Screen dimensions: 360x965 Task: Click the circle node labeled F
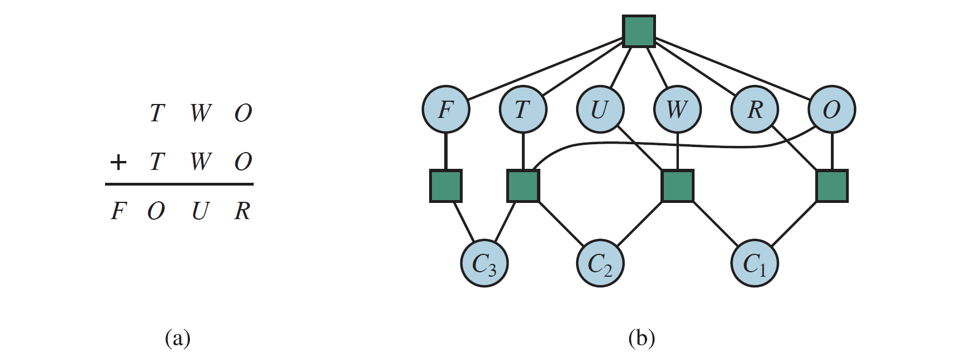445,110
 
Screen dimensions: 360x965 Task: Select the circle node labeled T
523,110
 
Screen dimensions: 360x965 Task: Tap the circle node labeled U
600,110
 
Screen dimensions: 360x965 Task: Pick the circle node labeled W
677,110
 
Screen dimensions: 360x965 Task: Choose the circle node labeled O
832,110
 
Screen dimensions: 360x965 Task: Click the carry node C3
484,263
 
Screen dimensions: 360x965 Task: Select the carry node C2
600,263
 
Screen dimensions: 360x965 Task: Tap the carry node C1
755,263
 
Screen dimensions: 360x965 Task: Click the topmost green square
639,31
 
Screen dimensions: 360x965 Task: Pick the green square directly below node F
445,186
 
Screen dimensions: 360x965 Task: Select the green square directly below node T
523,186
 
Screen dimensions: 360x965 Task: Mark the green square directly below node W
677,186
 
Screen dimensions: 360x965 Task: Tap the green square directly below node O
832,186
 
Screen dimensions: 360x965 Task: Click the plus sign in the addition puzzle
118,163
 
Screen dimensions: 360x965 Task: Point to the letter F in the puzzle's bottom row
117,211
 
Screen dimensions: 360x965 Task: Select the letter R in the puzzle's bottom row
243,211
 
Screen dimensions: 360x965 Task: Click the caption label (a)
178,339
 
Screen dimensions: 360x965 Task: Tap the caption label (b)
641,339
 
